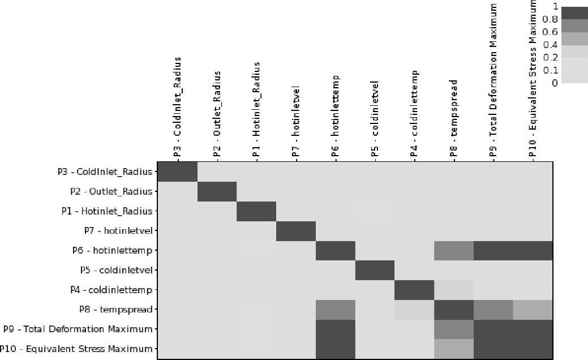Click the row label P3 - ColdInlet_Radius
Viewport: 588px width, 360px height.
[x=105, y=172]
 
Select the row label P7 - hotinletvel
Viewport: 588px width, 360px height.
[x=118, y=230]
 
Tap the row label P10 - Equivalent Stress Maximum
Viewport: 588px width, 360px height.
[x=76, y=349]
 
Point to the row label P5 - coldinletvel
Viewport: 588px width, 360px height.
[x=115, y=270]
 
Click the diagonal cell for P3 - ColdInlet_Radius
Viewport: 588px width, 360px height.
[x=177, y=172]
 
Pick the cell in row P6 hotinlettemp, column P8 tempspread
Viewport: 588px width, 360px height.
[x=454, y=250]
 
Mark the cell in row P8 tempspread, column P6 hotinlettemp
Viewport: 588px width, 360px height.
[x=336, y=310]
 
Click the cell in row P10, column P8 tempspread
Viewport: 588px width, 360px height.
[x=454, y=349]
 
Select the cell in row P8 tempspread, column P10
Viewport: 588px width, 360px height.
[x=533, y=310]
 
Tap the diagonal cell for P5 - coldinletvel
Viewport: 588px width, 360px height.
[x=375, y=270]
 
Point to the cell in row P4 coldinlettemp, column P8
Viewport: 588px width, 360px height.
[x=454, y=290]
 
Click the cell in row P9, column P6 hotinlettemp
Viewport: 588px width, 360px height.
[x=336, y=329]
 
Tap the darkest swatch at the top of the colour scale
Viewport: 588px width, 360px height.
[x=574, y=12]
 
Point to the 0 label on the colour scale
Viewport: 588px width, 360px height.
[x=555, y=83]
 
